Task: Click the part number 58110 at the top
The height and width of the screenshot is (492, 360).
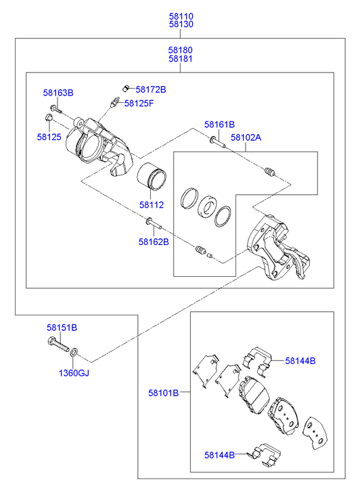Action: coord(181,16)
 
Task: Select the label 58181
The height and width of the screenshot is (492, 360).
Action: coord(181,59)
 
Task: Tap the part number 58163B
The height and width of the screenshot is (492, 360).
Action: coord(58,93)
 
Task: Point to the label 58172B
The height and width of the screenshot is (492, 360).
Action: coord(151,90)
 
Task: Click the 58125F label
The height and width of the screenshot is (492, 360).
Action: coord(139,104)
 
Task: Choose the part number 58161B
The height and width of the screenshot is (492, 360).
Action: coord(219,125)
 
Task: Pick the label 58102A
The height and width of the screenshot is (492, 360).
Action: coord(246,137)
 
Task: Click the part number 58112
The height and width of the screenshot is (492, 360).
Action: coord(152,205)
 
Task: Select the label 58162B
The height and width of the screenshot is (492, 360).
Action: coord(154,242)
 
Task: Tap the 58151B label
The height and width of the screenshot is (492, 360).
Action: coord(62,328)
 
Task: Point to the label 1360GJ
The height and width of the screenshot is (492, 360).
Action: coord(74,373)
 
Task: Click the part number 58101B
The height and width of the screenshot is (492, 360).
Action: coord(164,393)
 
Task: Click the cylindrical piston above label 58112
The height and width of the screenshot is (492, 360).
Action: coord(152,177)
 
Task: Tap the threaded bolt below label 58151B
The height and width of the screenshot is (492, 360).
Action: coord(58,344)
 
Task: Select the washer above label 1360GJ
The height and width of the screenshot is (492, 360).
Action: coord(74,352)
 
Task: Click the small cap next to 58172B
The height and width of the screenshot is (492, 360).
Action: coord(126,88)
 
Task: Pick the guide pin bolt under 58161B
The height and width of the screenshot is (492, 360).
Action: coord(217,142)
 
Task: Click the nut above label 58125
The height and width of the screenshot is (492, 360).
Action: coord(49,118)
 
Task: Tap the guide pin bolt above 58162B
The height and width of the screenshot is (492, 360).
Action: coord(153,223)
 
